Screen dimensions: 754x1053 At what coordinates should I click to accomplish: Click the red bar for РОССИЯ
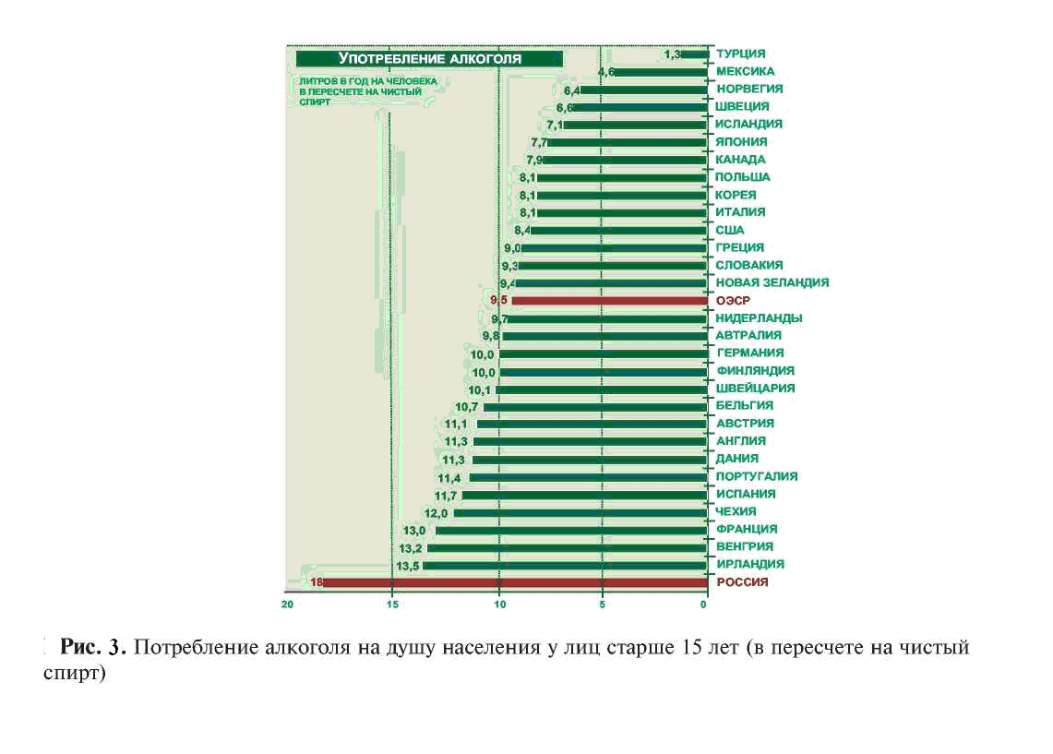coord(513,582)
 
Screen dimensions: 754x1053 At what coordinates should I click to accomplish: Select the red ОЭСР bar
coord(609,301)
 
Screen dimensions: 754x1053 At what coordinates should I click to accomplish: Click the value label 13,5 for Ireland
coord(407,565)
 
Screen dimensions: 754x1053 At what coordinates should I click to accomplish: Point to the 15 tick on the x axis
coord(391,604)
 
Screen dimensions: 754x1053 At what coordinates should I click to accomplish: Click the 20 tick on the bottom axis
coord(288,604)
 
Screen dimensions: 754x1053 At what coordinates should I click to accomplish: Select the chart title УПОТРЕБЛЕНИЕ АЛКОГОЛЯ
coord(429,58)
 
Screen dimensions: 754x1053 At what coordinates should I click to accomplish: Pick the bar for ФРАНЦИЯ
coord(570,530)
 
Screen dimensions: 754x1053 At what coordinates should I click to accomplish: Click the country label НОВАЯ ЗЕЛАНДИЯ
coord(772,282)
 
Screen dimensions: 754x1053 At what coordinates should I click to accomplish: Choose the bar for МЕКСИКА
coord(660,72)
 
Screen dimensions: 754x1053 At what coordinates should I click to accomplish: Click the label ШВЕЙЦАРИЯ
coord(755,389)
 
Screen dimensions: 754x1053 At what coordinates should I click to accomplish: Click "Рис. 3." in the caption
coord(91,647)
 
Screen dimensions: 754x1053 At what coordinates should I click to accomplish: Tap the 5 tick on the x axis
coord(602,604)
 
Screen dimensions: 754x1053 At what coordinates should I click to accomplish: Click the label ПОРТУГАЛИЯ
coord(756,476)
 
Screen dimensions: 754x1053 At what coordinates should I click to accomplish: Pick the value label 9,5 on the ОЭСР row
coord(499,301)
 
